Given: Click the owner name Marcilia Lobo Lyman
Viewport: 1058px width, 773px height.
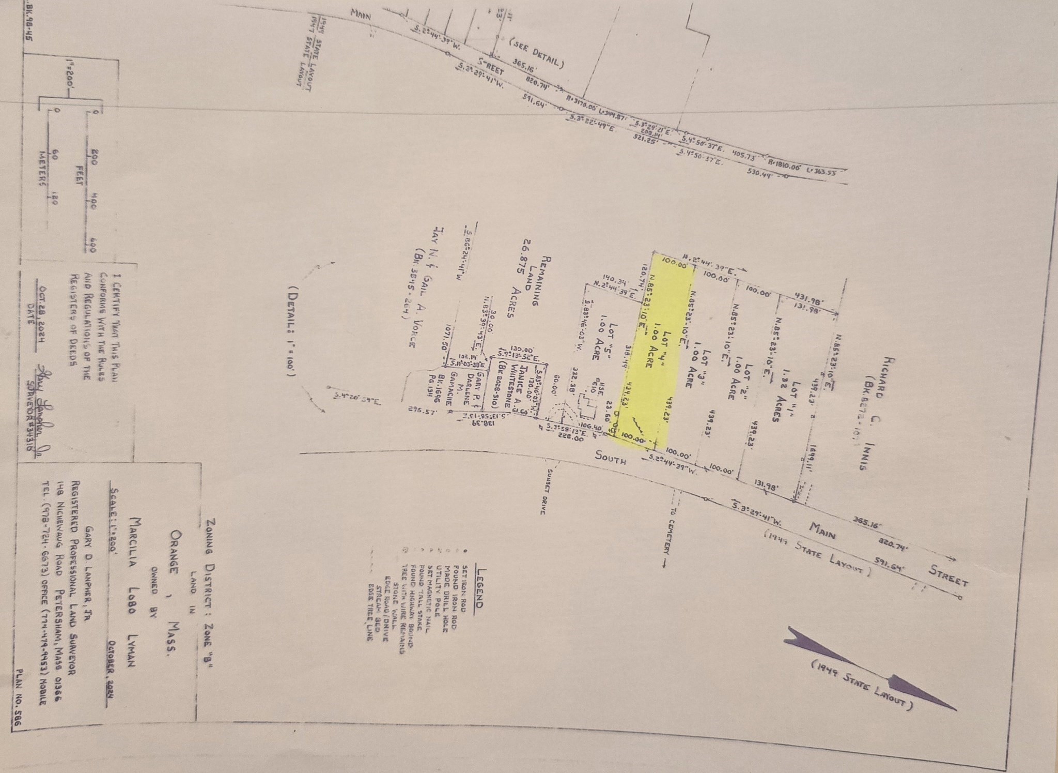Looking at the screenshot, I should point(136,584).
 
